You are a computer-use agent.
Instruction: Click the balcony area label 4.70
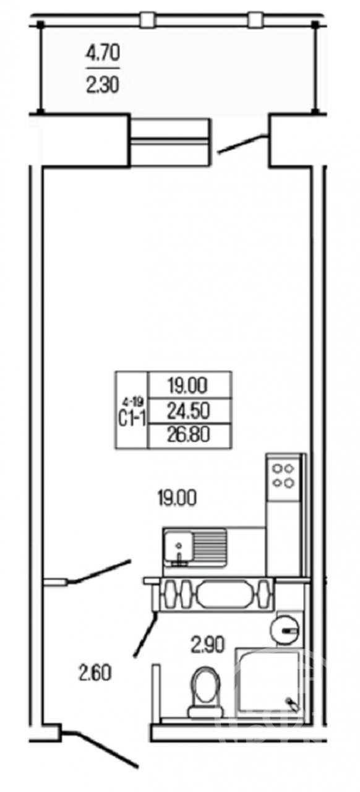(x=103, y=53)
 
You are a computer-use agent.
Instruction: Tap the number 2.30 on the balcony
(x=103, y=85)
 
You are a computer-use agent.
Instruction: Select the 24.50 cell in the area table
(x=189, y=410)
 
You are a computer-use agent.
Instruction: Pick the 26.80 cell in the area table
(x=189, y=434)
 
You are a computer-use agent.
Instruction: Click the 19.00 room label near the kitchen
(x=177, y=498)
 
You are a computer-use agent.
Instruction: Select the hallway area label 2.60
(x=95, y=672)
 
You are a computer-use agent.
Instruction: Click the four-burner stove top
(x=283, y=476)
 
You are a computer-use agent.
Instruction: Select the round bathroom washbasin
(x=285, y=630)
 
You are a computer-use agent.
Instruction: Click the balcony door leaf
(x=242, y=144)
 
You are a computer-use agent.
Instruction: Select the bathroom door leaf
(x=145, y=635)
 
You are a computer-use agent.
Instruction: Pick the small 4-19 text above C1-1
(x=132, y=402)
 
